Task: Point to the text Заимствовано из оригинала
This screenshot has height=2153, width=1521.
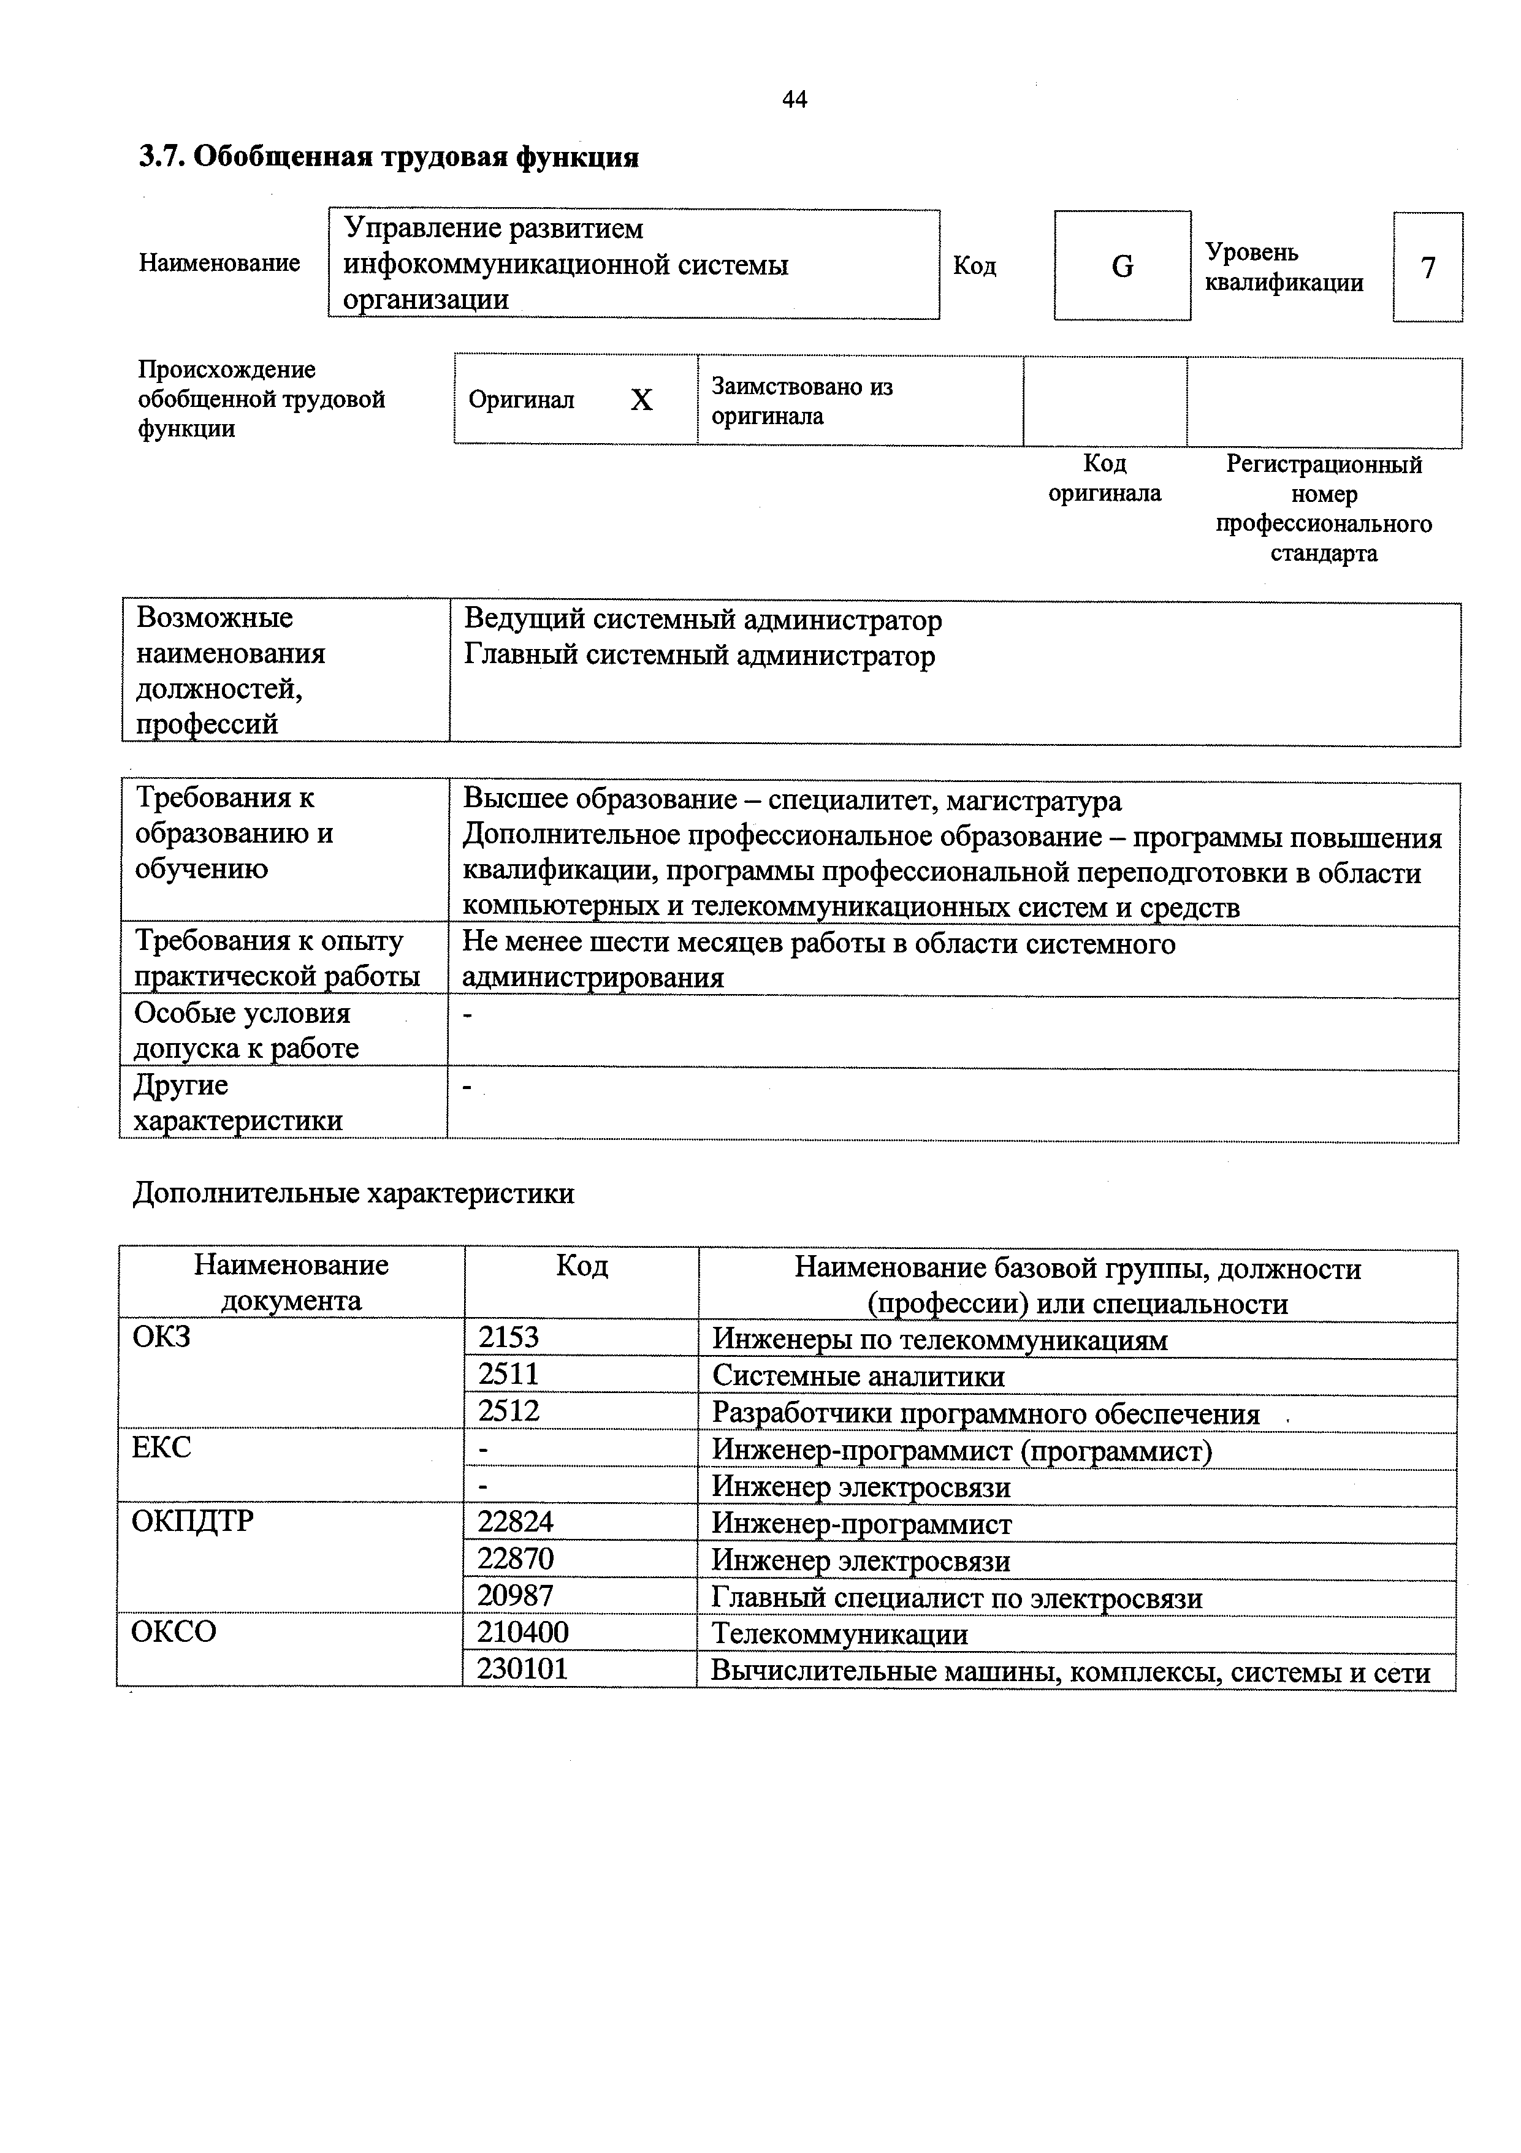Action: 802,400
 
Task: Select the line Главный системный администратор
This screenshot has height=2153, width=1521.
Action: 700,656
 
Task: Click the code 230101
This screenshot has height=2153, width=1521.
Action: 522,1668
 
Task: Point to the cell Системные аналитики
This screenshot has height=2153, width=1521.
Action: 858,1376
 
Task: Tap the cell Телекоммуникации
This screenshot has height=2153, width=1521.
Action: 839,1633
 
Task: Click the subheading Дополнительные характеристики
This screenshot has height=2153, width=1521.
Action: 354,1194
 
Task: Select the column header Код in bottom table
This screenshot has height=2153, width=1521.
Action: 581,1267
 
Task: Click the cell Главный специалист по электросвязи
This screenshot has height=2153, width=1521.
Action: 956,1597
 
